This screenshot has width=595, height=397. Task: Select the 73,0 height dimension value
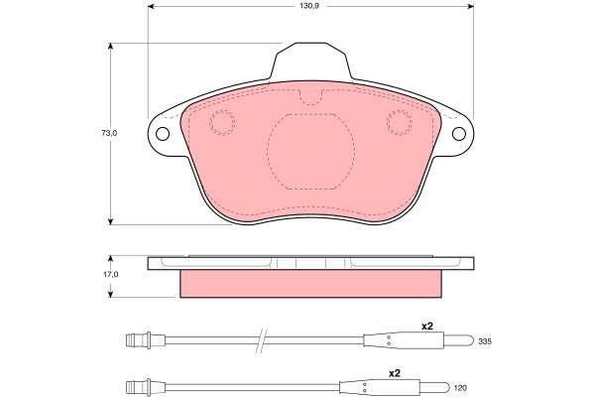(x=109, y=133)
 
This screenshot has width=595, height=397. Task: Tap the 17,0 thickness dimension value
(x=111, y=274)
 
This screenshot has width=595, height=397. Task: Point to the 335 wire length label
(x=485, y=341)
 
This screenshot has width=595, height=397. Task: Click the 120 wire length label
(x=460, y=388)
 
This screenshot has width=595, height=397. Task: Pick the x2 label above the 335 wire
(x=426, y=326)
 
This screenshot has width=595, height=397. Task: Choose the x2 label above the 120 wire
(x=395, y=373)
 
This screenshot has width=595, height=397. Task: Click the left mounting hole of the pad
(x=163, y=134)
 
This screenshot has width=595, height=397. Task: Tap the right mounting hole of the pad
(x=459, y=134)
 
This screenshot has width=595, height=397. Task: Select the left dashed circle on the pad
(x=222, y=123)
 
